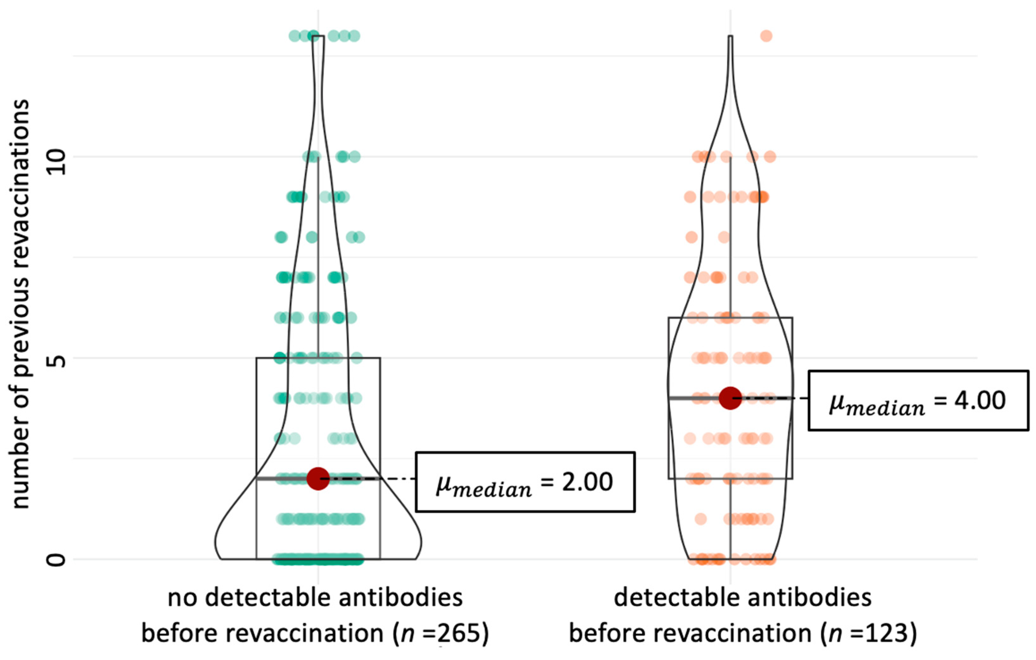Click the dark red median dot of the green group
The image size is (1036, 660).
pyautogui.click(x=318, y=479)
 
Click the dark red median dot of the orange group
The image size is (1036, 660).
pyautogui.click(x=730, y=398)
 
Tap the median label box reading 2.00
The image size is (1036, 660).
pyautogui.click(x=525, y=482)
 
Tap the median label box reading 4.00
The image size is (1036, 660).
pyautogui.click(x=918, y=400)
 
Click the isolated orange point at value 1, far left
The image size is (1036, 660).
pyautogui.click(x=700, y=519)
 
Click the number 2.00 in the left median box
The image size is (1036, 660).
pyautogui.click(x=587, y=482)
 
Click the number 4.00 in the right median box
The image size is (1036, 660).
pyautogui.click(x=980, y=400)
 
